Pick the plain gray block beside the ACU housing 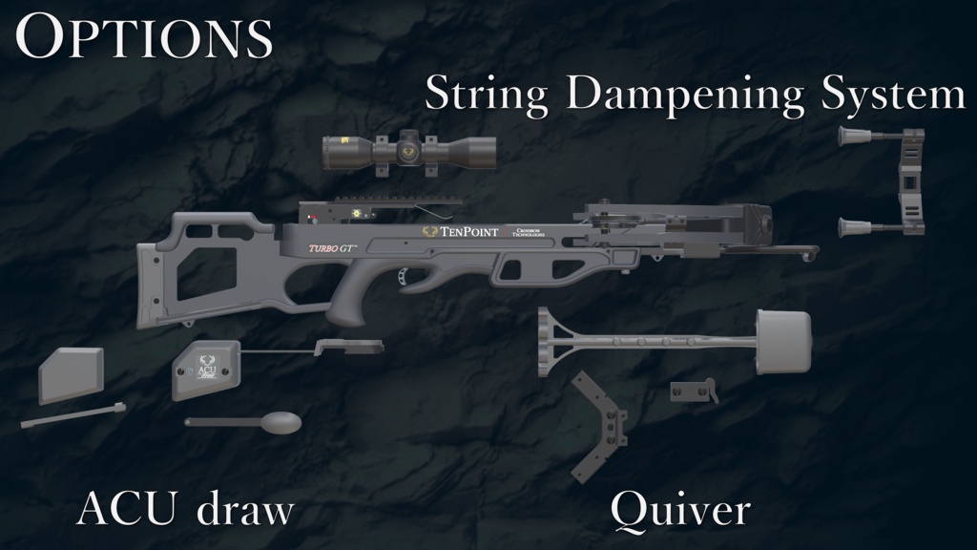tap(72, 373)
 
